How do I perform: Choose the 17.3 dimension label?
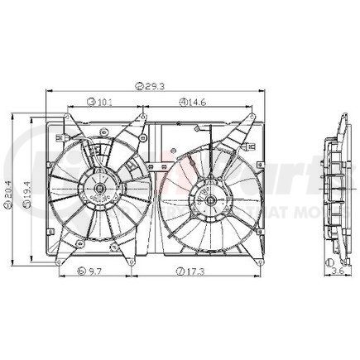tap(198, 271)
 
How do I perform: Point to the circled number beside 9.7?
tap(79, 271)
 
